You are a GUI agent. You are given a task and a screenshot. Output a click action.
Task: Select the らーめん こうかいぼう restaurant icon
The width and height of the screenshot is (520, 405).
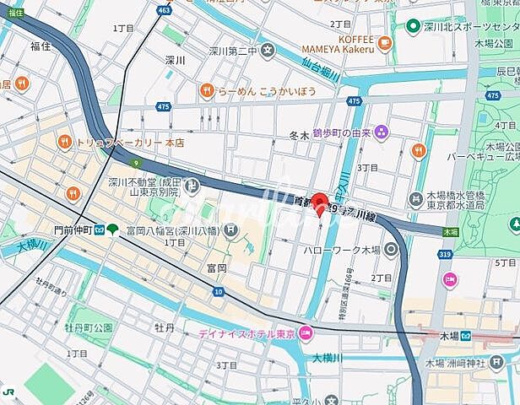pyautogui.click(x=206, y=90)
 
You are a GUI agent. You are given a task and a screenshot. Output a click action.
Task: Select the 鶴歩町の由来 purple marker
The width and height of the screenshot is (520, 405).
pyautogui.click(x=382, y=132)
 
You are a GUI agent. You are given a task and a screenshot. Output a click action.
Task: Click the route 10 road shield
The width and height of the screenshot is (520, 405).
pyautogui.click(x=218, y=291)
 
